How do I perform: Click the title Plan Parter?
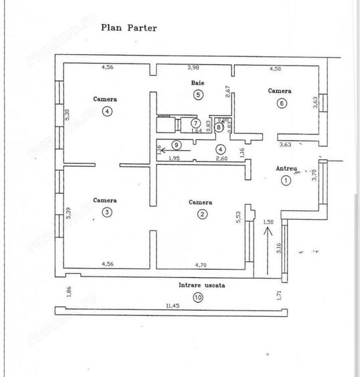pos(129,28)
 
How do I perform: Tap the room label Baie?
pos(197,83)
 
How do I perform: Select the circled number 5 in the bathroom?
pos(198,94)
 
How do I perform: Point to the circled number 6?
pos(281,103)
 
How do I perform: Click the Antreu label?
pos(286,169)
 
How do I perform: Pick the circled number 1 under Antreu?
pos(286,179)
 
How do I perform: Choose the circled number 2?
pos(201,214)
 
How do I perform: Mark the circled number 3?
pos(108,212)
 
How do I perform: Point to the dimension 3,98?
pos(194,67)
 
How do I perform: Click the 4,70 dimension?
pos(201,264)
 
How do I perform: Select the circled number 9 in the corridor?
pos(176,145)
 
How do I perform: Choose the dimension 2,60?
pos(221,158)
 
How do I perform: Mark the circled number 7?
pos(195,123)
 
